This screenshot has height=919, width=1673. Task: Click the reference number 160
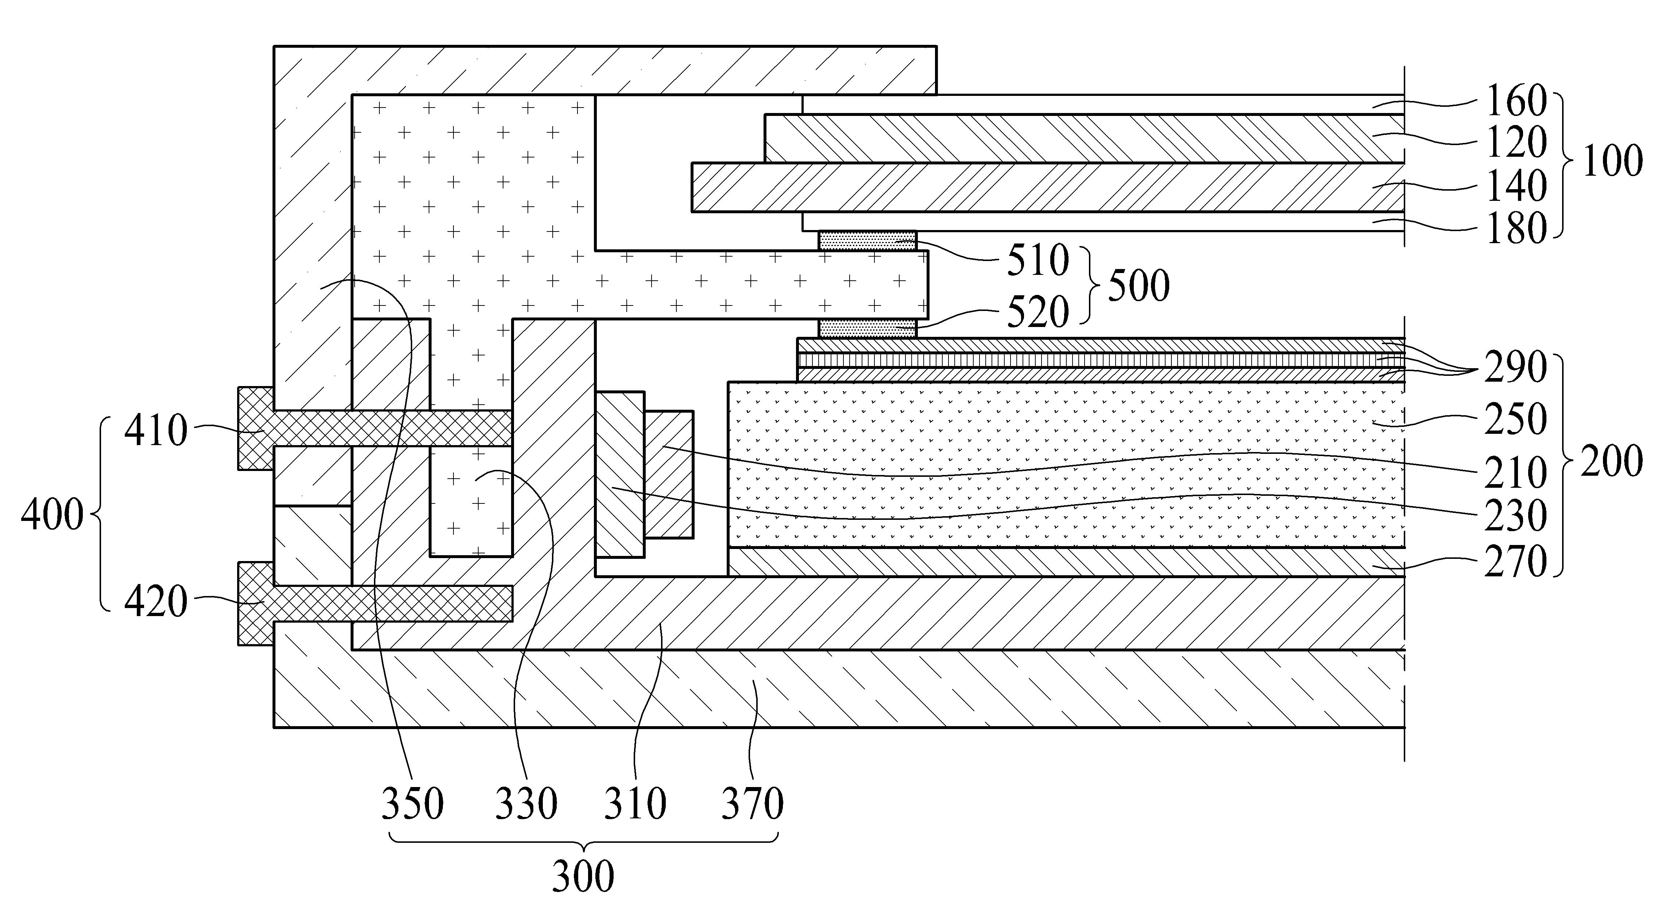(1516, 102)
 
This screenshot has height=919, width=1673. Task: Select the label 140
(1516, 187)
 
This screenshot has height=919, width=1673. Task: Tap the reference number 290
(1516, 367)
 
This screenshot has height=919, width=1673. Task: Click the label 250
(1516, 419)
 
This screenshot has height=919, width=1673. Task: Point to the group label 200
(1612, 461)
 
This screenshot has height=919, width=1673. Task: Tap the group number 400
(52, 515)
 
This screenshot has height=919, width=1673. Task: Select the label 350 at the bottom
(412, 803)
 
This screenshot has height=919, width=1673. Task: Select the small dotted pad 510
(867, 241)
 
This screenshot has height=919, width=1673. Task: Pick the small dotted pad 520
(867, 328)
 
